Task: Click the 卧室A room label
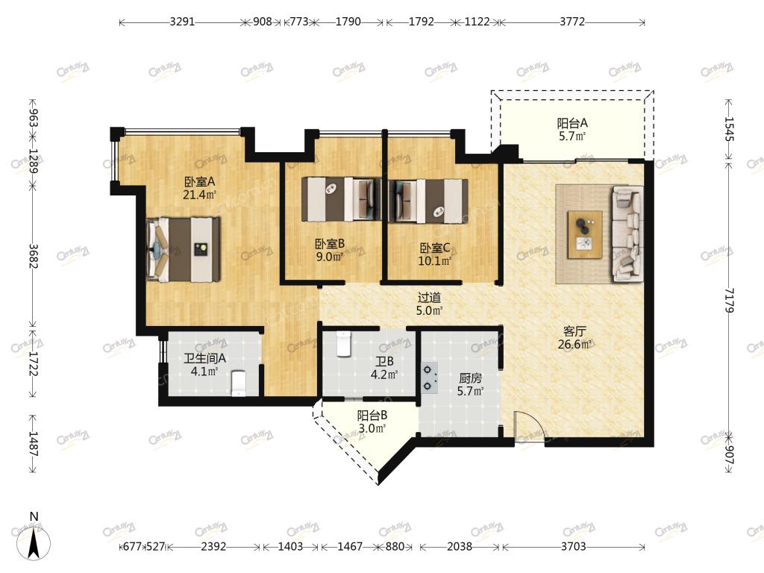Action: [x=199, y=182]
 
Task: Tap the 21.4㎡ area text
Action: [x=199, y=195]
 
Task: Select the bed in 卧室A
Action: [x=184, y=249]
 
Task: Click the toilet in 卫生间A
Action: [x=238, y=384]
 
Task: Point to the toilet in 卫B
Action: [x=344, y=345]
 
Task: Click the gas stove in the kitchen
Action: [x=429, y=378]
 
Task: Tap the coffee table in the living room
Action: [x=585, y=235]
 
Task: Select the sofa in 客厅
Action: [x=627, y=234]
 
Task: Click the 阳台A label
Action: [x=572, y=123]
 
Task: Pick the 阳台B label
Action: [x=372, y=415]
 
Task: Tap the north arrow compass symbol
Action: [x=33, y=542]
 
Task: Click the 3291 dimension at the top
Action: [x=182, y=22]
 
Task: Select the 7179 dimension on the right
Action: [x=729, y=300]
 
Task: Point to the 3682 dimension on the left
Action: [x=33, y=256]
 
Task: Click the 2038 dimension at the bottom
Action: [x=460, y=547]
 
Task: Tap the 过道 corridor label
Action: [x=429, y=297]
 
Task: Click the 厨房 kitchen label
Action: [x=471, y=378]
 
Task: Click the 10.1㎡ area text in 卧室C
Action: [x=435, y=260]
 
